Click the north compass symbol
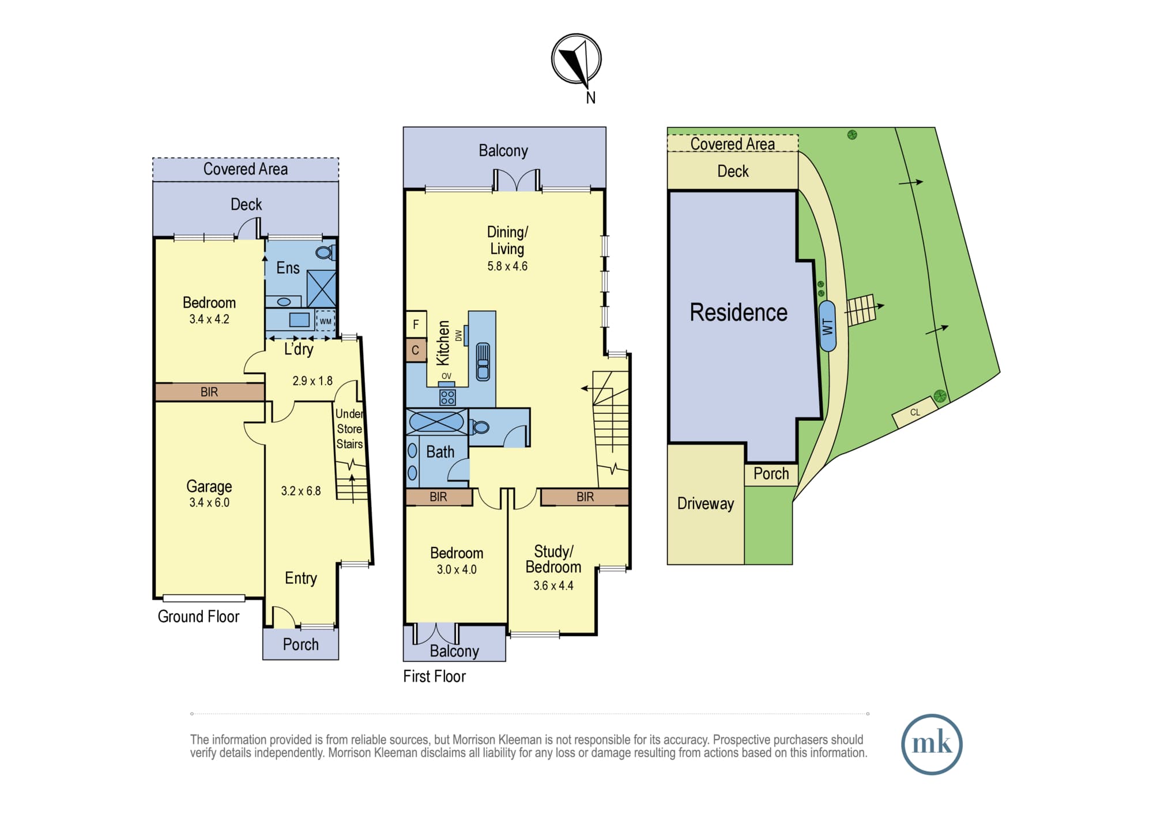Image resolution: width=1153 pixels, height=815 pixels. point(576,59)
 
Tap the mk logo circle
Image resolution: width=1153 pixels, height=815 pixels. point(932,744)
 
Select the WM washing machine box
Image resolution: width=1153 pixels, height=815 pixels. point(325,321)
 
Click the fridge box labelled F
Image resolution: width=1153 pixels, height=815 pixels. point(416,325)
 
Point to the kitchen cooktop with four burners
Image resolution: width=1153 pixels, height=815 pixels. point(447,397)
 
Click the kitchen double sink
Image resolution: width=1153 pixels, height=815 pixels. point(483,361)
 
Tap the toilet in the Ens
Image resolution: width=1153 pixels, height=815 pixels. point(325,252)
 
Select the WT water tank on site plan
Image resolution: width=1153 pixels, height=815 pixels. point(827,326)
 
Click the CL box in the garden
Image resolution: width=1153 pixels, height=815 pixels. point(915,412)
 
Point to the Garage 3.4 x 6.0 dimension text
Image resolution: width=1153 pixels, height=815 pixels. point(209,503)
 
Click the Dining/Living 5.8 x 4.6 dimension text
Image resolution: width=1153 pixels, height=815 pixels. point(507,266)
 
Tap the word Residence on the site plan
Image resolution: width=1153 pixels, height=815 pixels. point(738,312)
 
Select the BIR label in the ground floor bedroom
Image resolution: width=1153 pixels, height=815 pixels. point(209,392)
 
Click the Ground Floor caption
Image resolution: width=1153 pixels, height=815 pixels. point(198,617)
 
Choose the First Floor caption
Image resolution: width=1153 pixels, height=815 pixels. point(434,676)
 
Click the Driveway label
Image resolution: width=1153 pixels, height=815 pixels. point(706,504)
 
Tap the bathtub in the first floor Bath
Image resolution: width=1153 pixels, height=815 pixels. point(436,421)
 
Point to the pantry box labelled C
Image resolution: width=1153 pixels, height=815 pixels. point(416,350)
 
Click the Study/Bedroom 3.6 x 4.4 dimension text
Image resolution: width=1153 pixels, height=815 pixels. point(553,586)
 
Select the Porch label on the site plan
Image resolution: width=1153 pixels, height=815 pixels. point(771,474)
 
